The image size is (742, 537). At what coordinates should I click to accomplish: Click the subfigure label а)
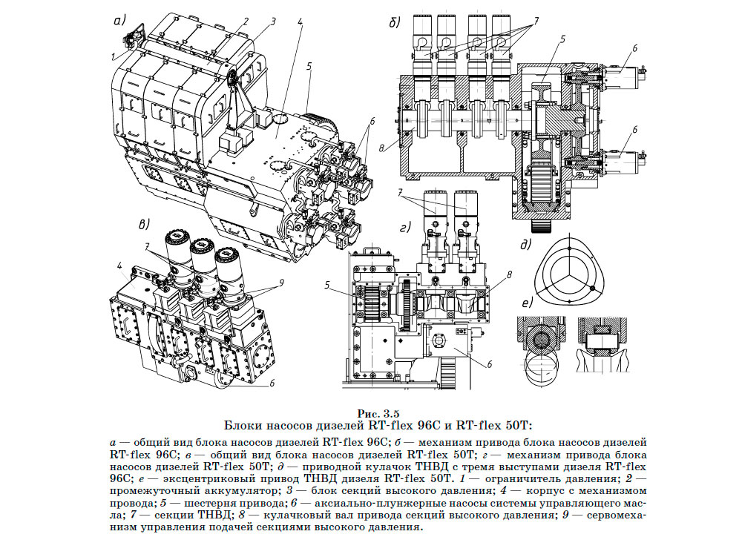(x=119, y=20)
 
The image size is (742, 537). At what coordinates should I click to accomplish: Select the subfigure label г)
(x=405, y=228)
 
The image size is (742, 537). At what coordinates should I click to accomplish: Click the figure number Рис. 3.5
(x=378, y=412)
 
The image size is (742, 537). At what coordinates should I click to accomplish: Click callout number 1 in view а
(x=114, y=54)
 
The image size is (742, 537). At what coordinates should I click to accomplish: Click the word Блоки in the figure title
(x=244, y=425)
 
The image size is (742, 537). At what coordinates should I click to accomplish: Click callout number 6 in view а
(x=373, y=120)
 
